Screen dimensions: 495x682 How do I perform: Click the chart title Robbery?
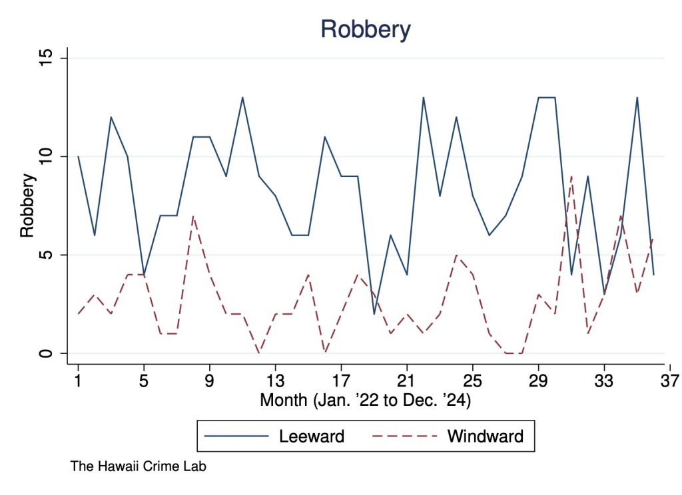pyautogui.click(x=365, y=29)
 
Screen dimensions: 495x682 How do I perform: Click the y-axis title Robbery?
pyautogui.click(x=27, y=206)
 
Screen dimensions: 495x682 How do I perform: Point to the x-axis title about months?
pyautogui.click(x=366, y=401)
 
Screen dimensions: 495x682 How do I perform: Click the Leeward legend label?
pyautogui.click(x=312, y=436)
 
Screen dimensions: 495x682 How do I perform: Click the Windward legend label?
pyautogui.click(x=485, y=436)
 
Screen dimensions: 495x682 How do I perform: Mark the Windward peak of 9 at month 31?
pyautogui.click(x=571, y=176)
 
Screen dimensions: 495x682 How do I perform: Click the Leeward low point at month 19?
pyautogui.click(x=374, y=314)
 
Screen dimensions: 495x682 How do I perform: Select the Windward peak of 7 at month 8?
pyautogui.click(x=193, y=216)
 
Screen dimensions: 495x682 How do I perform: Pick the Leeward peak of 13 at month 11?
pyautogui.click(x=242, y=98)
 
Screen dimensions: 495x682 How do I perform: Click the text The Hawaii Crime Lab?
pyautogui.click(x=138, y=467)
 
